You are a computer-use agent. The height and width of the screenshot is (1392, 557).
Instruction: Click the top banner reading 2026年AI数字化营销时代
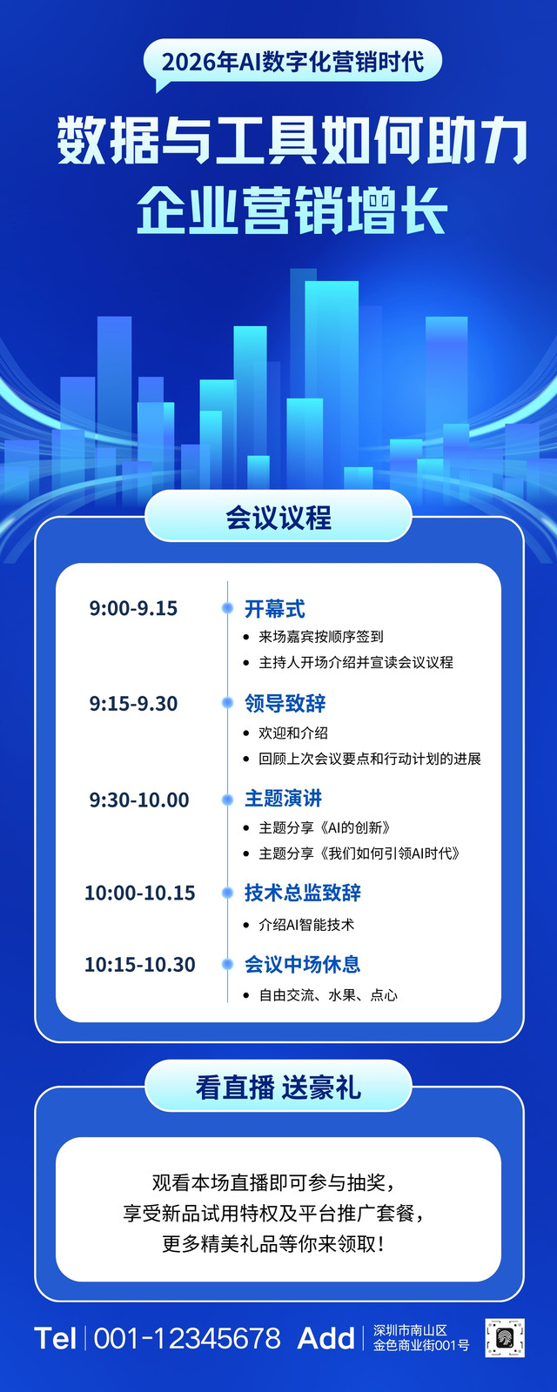click(x=292, y=62)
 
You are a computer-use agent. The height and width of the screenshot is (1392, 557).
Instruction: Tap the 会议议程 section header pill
click(x=278, y=516)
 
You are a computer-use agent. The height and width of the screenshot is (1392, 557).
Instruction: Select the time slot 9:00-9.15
click(x=133, y=608)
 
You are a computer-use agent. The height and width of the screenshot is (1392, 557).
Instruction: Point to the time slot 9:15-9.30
click(x=133, y=704)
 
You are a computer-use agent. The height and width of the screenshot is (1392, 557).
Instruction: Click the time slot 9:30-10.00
click(x=138, y=800)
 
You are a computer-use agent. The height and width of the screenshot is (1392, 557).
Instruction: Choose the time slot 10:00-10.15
click(x=140, y=893)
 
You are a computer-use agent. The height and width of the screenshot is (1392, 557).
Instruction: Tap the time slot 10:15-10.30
click(x=140, y=965)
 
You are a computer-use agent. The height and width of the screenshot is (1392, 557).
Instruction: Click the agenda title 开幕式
click(x=274, y=608)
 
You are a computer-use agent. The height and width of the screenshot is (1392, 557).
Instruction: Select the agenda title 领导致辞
click(x=285, y=704)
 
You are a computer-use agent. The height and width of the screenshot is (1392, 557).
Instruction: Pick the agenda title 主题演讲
click(x=283, y=799)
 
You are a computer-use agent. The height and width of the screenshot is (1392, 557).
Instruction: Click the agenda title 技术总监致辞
click(x=302, y=893)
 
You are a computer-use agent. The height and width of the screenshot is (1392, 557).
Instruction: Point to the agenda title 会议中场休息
click(x=302, y=965)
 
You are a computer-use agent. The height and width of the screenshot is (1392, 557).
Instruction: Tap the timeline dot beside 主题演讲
click(x=227, y=800)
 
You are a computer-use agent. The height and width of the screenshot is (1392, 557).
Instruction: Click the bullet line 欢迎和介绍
click(x=292, y=733)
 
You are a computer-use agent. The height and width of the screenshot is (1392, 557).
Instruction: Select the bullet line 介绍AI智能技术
click(x=305, y=925)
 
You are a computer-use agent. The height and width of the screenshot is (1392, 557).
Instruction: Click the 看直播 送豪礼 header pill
click(x=278, y=1088)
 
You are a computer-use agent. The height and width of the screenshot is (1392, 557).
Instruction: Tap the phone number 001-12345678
click(x=187, y=1339)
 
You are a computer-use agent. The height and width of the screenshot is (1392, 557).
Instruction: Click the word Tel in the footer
click(x=56, y=1339)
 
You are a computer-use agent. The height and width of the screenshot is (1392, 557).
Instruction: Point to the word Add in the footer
click(x=325, y=1339)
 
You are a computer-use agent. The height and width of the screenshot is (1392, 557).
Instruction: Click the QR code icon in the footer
click(x=504, y=1338)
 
